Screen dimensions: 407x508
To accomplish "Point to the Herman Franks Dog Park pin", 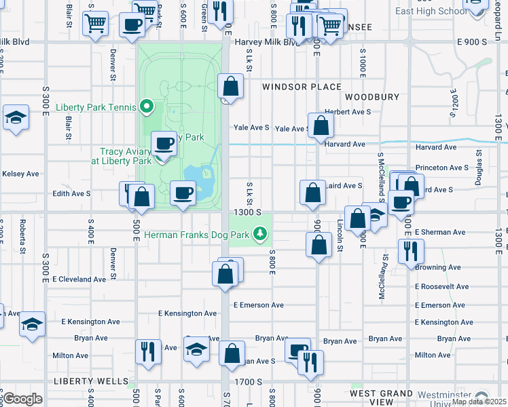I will point(259,235).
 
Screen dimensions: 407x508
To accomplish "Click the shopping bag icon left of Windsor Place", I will point(230,87).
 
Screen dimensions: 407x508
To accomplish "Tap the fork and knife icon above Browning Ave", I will point(411,252).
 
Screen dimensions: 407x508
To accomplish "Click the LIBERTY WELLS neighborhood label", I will point(92,381).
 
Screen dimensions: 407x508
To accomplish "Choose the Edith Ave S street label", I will point(71,193).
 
